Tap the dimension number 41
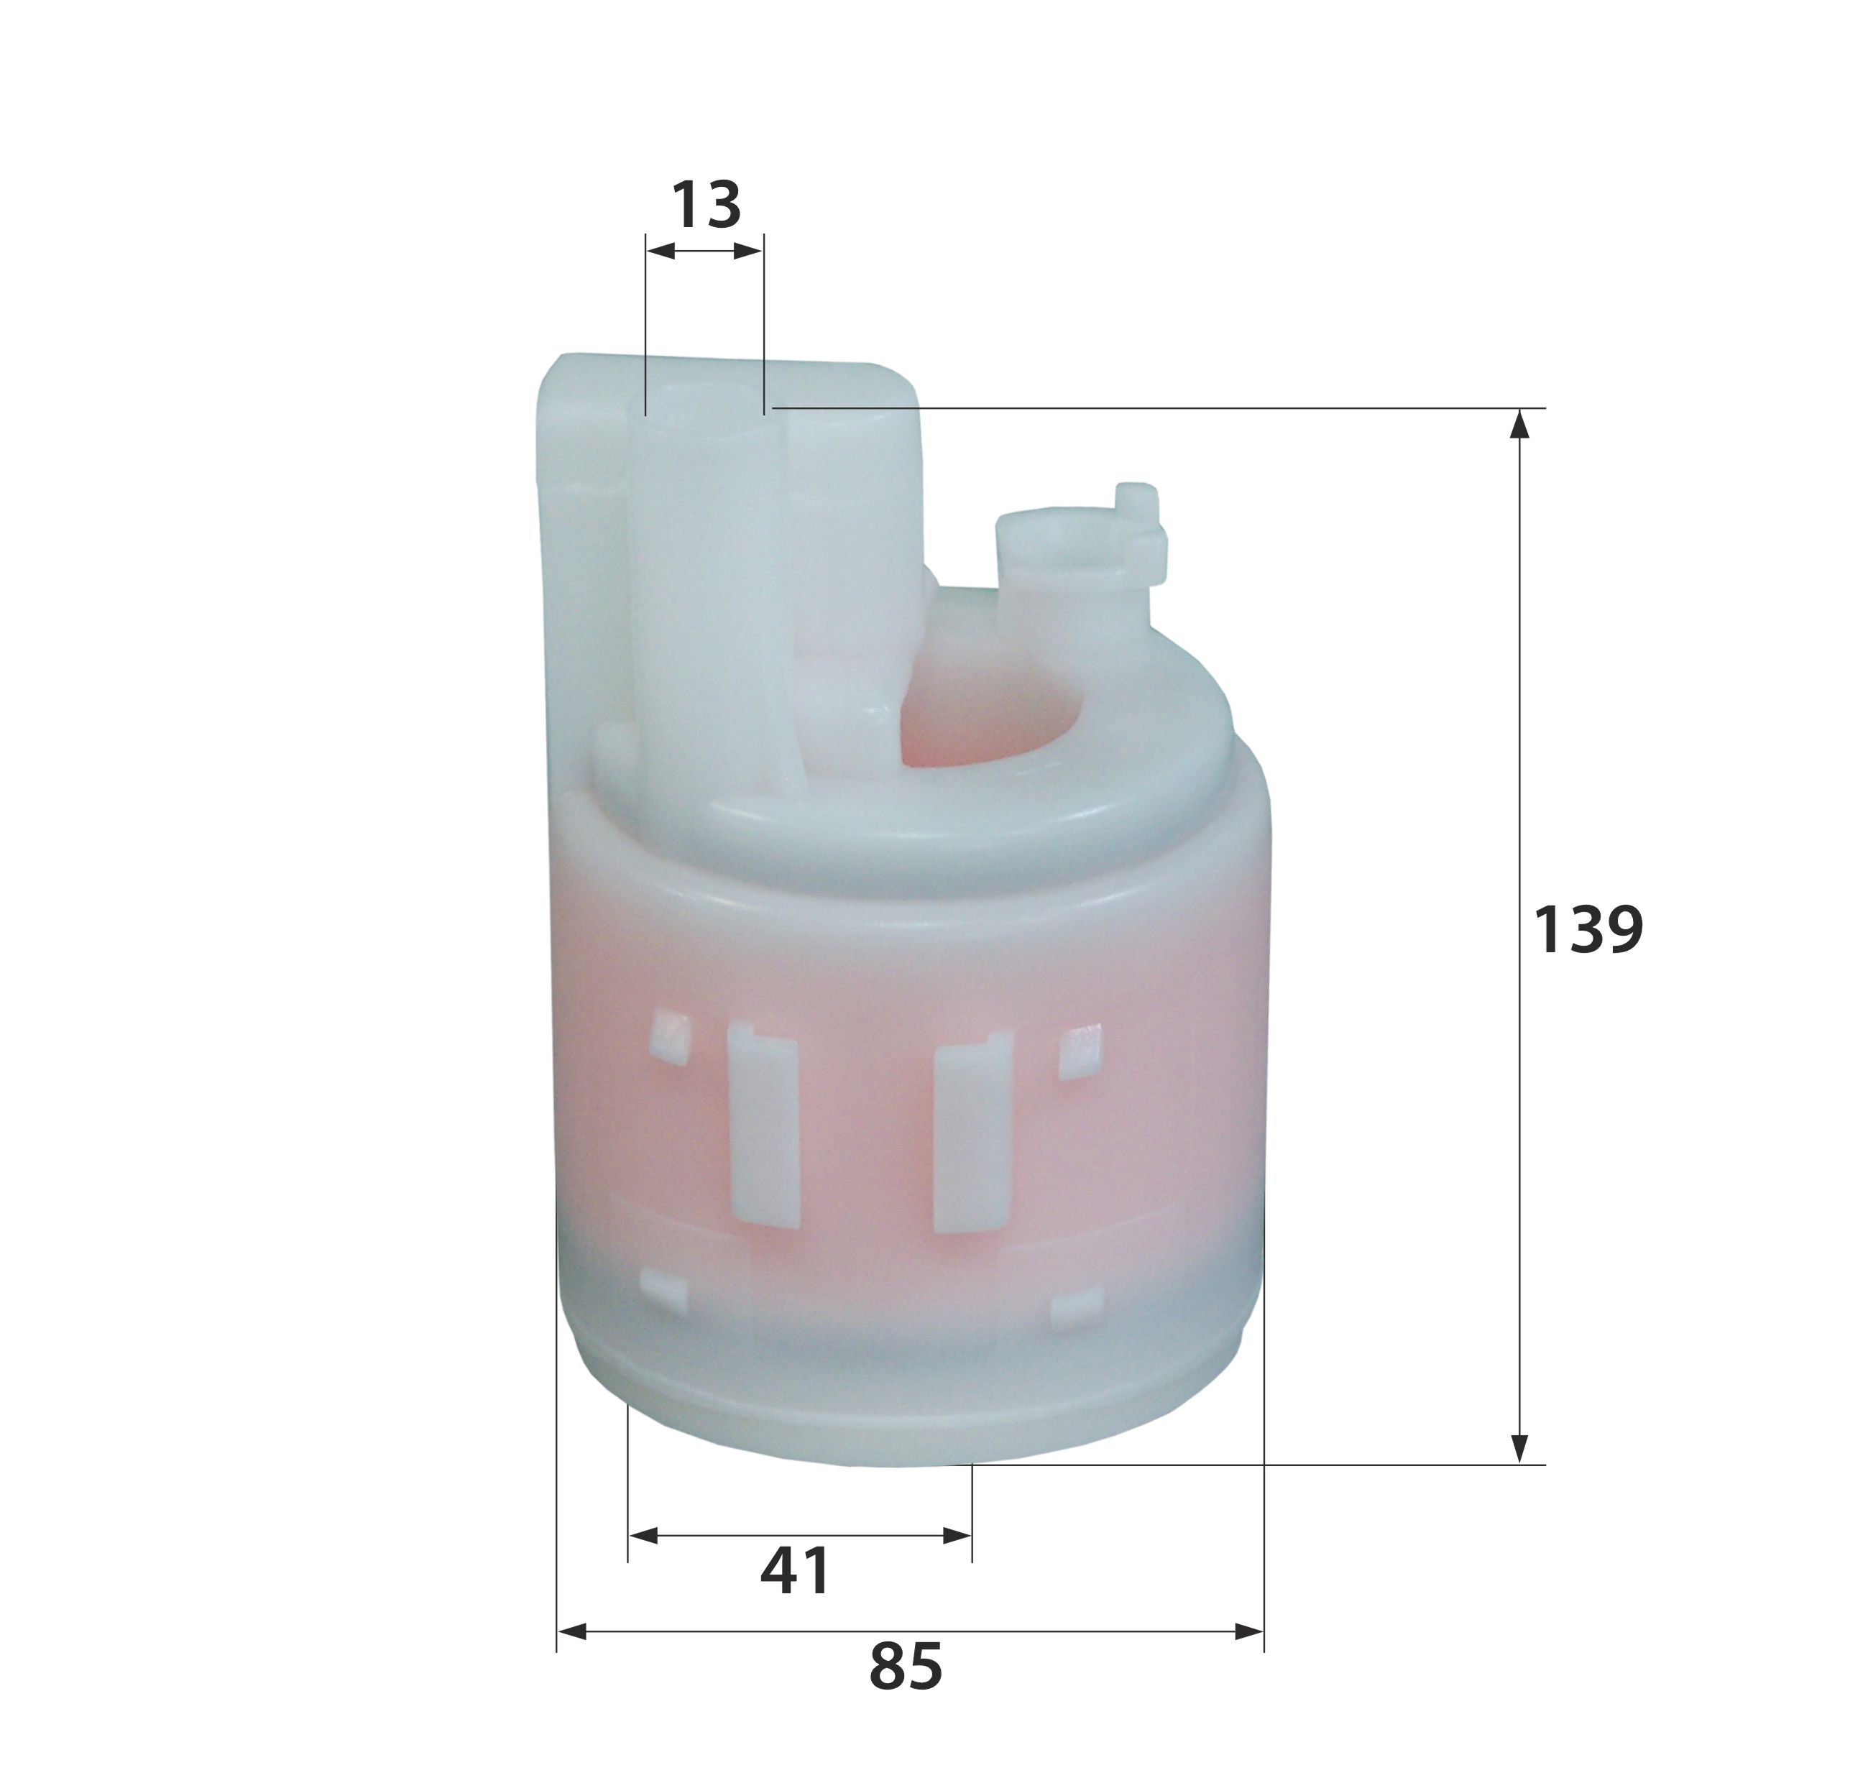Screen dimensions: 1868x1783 coord(795,1571)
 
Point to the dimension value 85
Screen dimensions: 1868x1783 coord(905,1665)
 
